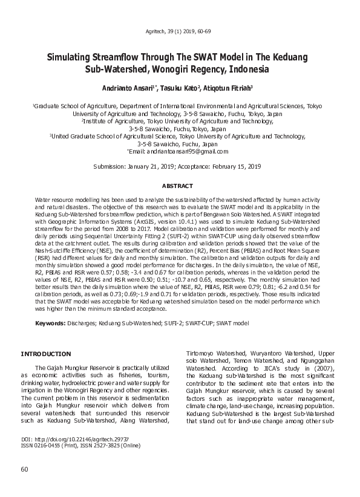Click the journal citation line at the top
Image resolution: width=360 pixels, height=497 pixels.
click(x=180, y=30)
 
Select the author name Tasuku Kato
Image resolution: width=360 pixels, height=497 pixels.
click(x=179, y=88)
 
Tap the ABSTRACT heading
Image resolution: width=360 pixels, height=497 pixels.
click(x=180, y=186)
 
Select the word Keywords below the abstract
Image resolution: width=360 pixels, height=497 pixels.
click(x=50, y=323)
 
